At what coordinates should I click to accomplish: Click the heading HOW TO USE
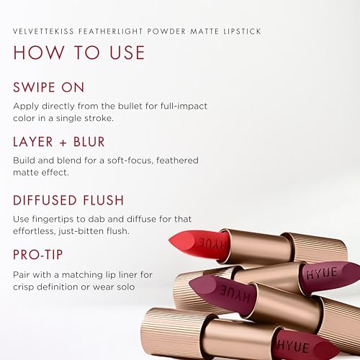pyautogui.click(x=79, y=53)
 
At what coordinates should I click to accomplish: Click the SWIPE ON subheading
pyautogui.click(x=49, y=87)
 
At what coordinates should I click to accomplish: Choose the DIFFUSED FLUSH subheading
pyautogui.click(x=68, y=199)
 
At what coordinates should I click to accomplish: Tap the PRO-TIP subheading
pyautogui.click(x=40, y=254)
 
